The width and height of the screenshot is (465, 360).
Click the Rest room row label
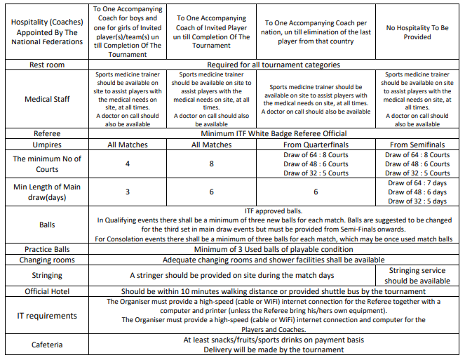coord(48,65)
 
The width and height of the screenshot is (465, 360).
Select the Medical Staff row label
coord(48,99)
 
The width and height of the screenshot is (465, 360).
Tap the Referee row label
coord(48,133)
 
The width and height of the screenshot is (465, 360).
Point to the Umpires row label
coord(48,145)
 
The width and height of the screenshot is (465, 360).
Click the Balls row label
coord(48,225)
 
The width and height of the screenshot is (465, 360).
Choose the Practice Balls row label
coord(48,249)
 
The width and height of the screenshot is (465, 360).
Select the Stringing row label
coord(48,276)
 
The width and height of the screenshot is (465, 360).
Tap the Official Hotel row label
coord(48,291)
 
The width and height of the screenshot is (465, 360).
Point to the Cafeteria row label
coord(48,345)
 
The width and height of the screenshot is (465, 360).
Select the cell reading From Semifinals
coord(417,145)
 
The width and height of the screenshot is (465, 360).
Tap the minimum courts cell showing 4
coord(128,164)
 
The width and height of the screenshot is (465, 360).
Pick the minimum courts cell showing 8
coord(212,164)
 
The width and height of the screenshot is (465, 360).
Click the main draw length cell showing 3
coord(128,192)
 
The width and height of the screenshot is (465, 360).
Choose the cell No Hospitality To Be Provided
coord(417,33)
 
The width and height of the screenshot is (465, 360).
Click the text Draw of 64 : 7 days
coord(417,183)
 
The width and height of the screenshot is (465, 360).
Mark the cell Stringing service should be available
coord(417,276)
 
